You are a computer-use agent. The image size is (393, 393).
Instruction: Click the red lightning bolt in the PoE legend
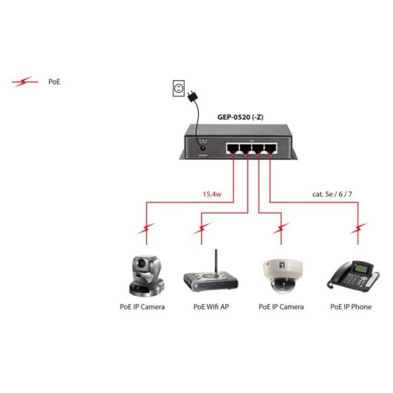point(25,82)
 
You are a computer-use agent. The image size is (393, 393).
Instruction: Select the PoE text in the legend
point(54,82)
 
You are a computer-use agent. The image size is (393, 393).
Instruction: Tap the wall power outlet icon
point(177,90)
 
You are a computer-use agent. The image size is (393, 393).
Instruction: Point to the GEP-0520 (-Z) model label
point(243,116)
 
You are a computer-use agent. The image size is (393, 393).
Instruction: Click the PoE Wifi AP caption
point(211,306)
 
